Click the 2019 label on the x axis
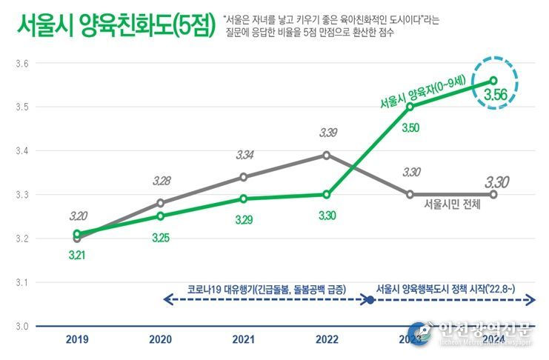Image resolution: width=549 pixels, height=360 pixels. [x=77, y=340]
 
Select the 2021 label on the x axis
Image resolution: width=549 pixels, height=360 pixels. [x=244, y=340]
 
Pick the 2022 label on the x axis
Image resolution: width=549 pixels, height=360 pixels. [x=327, y=340]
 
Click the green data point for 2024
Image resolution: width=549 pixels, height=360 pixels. [x=493, y=81]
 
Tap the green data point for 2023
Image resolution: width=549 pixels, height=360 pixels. [x=410, y=107]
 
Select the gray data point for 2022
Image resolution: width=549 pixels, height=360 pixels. [x=327, y=155]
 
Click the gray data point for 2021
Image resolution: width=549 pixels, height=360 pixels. [x=244, y=177]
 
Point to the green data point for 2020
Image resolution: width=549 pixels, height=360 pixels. [x=161, y=216]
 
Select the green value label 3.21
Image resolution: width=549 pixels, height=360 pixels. [x=78, y=255]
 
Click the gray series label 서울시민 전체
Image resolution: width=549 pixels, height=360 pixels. [x=451, y=204]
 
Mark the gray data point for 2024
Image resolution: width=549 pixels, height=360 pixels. [x=493, y=194]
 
